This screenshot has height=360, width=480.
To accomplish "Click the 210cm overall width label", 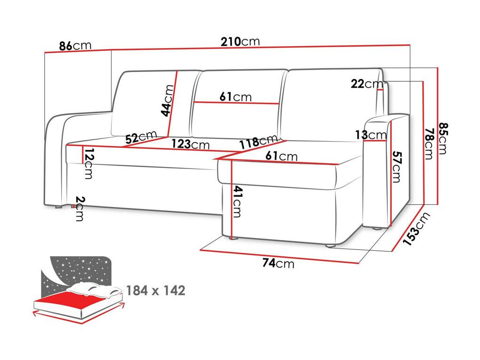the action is click(x=240, y=41).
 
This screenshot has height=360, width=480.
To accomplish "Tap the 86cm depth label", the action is click(x=75, y=46).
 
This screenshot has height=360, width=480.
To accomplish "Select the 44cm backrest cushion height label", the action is click(x=168, y=101).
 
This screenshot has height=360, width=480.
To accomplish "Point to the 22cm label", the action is click(x=367, y=83).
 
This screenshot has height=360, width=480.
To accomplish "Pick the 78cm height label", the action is click(x=429, y=144).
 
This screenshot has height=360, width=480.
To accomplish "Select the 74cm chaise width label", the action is click(x=278, y=263).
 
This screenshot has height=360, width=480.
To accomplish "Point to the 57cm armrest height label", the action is click(x=396, y=167).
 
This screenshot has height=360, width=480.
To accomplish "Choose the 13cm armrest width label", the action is click(x=371, y=135).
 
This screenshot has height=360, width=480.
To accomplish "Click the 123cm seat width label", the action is click(x=190, y=144).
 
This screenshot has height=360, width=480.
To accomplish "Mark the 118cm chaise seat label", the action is click(x=259, y=142).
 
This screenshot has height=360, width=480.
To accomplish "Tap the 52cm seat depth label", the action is click(x=141, y=137).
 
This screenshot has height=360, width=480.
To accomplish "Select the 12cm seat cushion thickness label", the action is click(x=88, y=163).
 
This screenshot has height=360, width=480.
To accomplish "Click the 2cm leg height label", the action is click(x=80, y=208).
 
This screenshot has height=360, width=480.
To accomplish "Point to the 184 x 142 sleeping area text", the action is click(x=156, y=290).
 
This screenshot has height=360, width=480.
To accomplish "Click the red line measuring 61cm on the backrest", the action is click(x=237, y=103).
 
